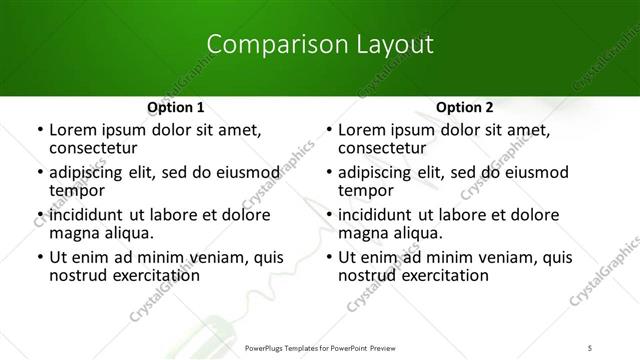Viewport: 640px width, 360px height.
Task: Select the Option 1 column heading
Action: click(176, 107)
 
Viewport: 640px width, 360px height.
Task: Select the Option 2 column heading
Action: click(465, 107)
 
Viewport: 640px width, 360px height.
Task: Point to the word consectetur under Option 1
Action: click(95, 147)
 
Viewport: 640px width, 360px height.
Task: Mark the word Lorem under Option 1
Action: click(72, 129)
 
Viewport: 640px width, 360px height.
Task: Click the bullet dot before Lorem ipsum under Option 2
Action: click(328, 130)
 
